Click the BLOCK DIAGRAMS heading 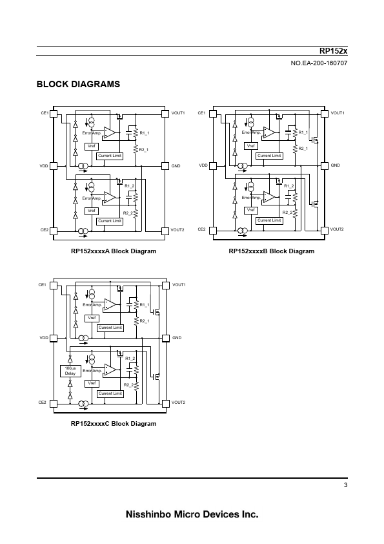[78, 84]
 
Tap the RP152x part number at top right [333, 51]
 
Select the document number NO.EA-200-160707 [319, 63]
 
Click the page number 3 [345, 485]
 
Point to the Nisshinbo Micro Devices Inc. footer [192, 514]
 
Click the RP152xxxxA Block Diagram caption [114, 251]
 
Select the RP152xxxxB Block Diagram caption [272, 251]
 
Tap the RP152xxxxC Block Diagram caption [114, 424]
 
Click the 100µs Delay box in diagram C [70, 371]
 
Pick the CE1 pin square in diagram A [54, 114]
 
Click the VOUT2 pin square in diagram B [325, 230]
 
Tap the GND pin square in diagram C [166, 338]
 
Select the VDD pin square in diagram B [213, 166]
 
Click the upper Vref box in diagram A [92, 147]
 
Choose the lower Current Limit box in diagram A [110, 221]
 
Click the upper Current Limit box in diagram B [269, 156]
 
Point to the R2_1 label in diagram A [144, 150]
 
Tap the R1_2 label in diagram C [130, 359]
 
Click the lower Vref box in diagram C [92, 383]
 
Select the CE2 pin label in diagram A [45, 230]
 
